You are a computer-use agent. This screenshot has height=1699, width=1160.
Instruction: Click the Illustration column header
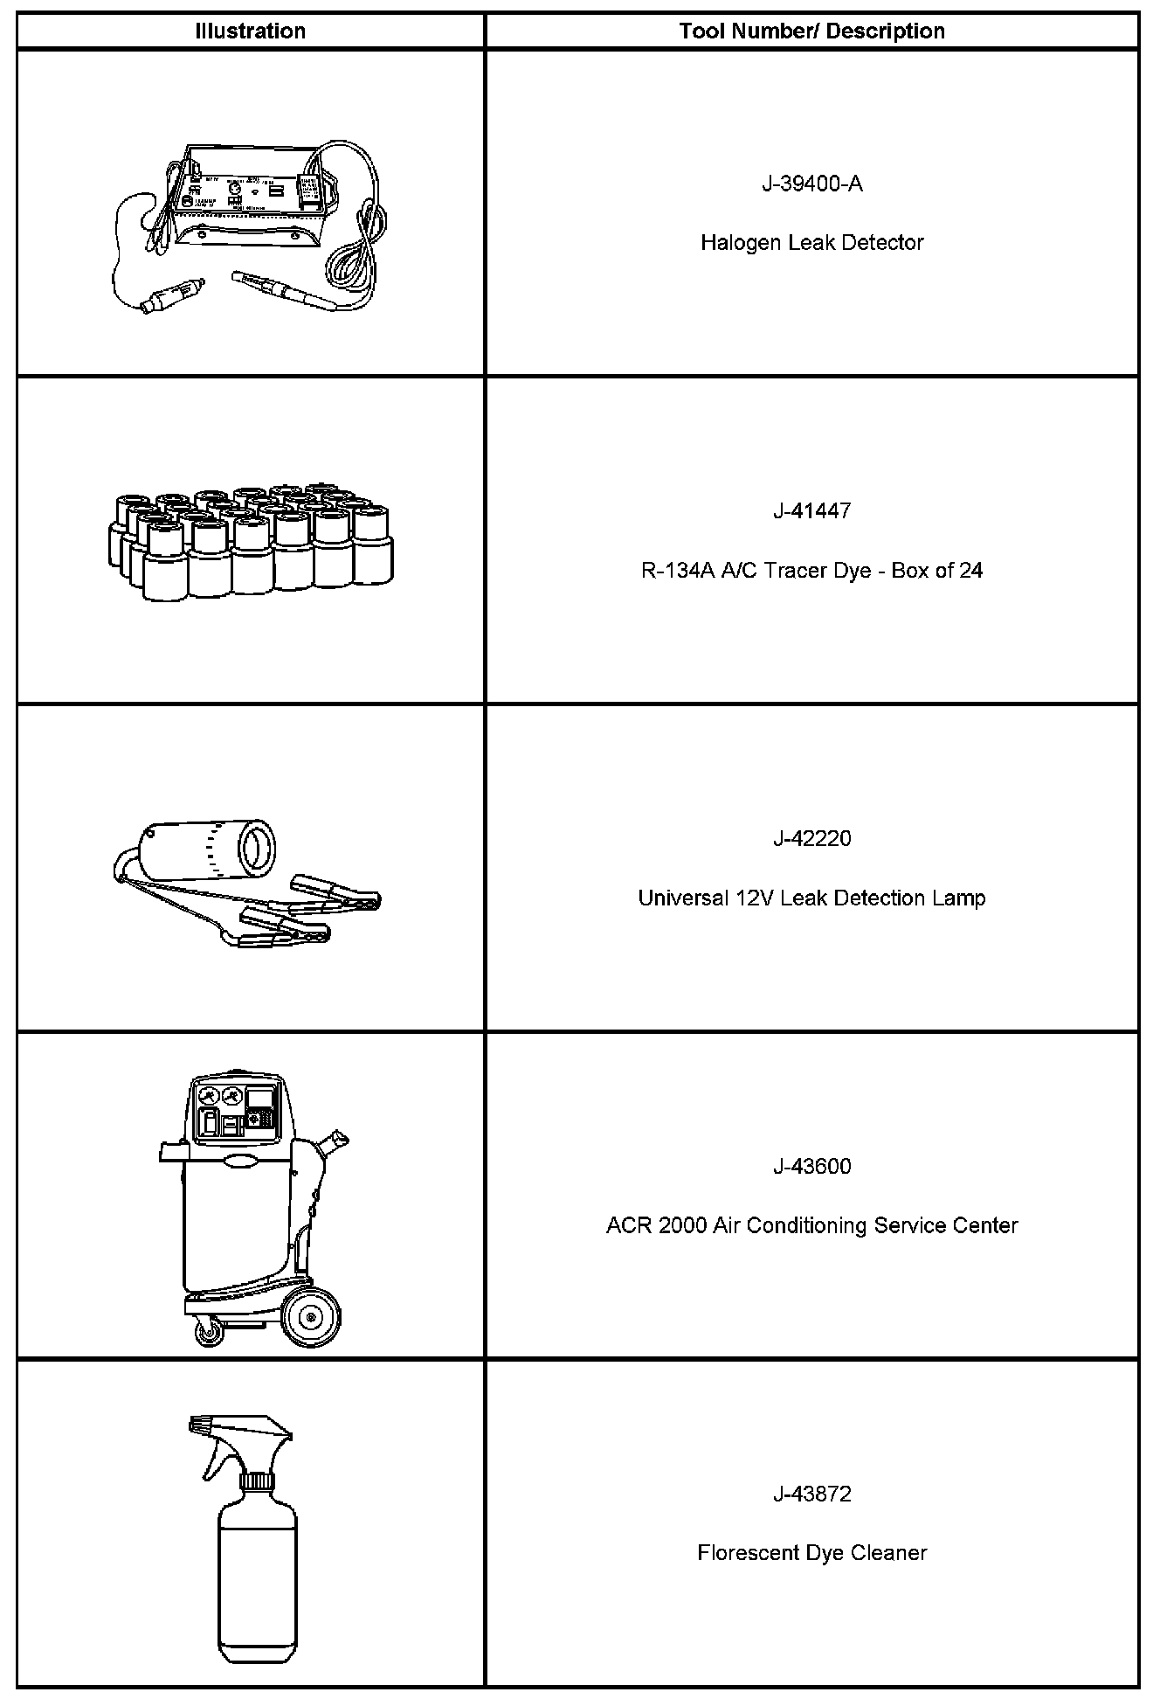click(x=250, y=31)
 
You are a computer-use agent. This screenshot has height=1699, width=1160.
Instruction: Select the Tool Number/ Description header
click(x=811, y=31)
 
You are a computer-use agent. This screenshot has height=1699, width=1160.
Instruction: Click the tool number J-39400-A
click(x=811, y=184)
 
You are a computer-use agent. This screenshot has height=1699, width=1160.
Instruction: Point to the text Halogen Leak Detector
click(x=811, y=242)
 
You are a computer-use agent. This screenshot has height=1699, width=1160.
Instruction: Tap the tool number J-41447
click(x=811, y=510)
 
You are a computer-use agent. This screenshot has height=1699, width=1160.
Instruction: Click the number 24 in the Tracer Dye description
click(x=970, y=571)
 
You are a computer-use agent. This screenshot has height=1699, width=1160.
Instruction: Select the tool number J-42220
click(x=811, y=838)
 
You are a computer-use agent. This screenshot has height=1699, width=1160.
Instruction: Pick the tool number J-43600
click(x=811, y=1166)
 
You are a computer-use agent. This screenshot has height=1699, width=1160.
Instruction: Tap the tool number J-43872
click(x=811, y=1494)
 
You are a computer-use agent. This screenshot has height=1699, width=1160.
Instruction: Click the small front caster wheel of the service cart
click(x=208, y=1332)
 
